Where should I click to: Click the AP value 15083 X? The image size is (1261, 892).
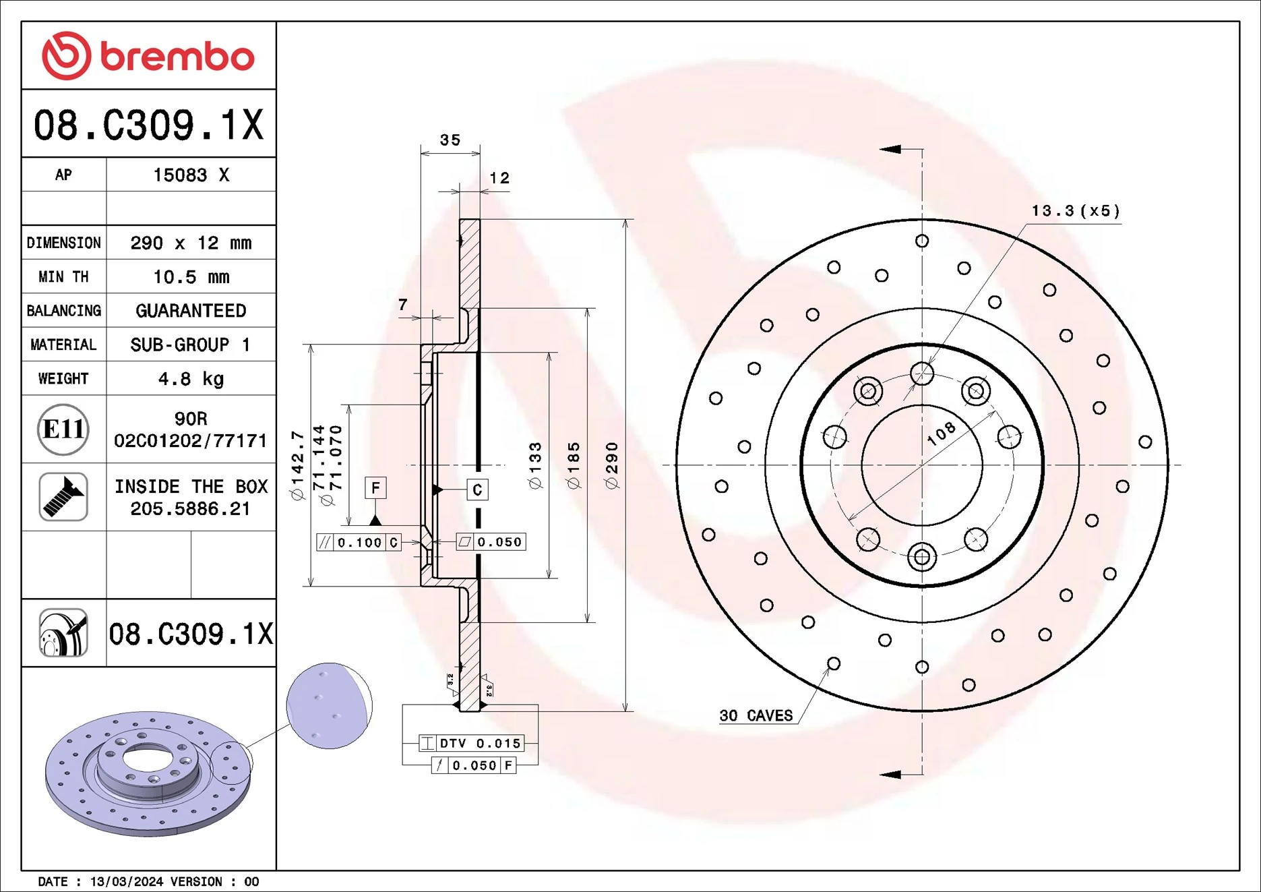(x=191, y=175)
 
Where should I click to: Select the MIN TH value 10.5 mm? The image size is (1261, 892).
(x=191, y=277)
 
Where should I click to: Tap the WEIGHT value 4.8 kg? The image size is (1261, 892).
(x=191, y=379)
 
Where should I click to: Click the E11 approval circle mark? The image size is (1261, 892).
(x=63, y=429)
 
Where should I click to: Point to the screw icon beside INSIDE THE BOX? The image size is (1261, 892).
(x=63, y=497)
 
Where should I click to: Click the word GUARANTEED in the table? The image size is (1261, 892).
(x=191, y=311)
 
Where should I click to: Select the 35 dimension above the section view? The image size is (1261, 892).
(x=450, y=140)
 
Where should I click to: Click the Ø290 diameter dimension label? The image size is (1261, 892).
(x=611, y=465)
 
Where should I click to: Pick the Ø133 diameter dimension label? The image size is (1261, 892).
(x=535, y=465)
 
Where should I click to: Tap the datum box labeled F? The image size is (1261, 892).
(x=375, y=487)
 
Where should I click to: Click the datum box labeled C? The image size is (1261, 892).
(x=477, y=490)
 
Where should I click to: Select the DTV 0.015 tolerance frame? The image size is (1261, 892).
(x=471, y=743)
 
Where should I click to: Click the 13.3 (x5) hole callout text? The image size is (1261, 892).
(x=1076, y=211)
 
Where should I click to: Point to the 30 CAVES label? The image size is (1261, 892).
(x=756, y=716)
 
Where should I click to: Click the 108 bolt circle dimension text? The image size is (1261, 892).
(x=941, y=434)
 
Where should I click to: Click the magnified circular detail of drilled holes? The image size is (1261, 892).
(x=329, y=705)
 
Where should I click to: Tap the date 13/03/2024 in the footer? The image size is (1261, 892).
(x=127, y=882)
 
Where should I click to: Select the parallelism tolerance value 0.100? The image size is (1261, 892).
(x=359, y=543)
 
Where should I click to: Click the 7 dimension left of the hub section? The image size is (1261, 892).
(x=402, y=305)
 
